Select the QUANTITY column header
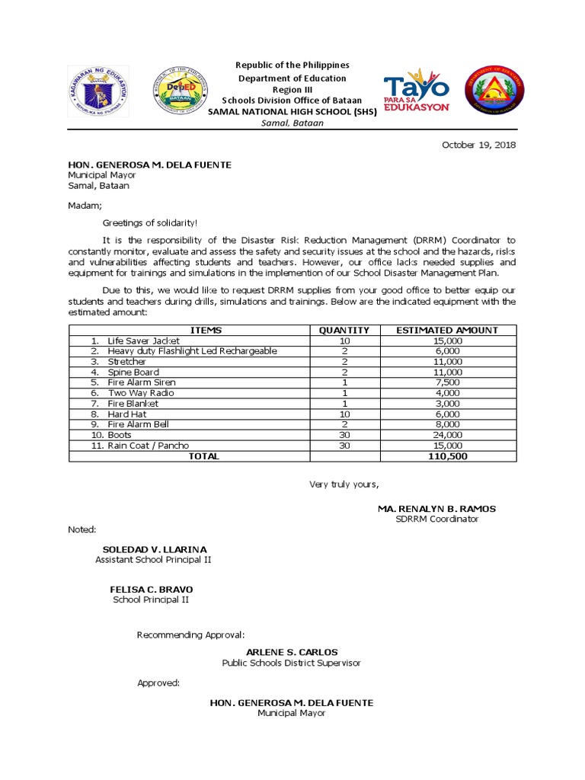tap(344, 330)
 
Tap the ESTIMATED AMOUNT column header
tap(448, 330)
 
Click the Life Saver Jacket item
tap(143, 340)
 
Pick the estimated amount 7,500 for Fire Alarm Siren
tap(448, 382)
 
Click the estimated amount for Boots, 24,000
tap(448, 435)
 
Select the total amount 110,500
tap(448, 456)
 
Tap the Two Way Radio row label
tap(141, 393)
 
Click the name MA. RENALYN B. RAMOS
tap(436, 508)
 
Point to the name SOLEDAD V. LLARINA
tap(155, 549)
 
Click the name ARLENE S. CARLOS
tap(292, 652)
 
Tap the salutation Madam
tap(79, 205)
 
